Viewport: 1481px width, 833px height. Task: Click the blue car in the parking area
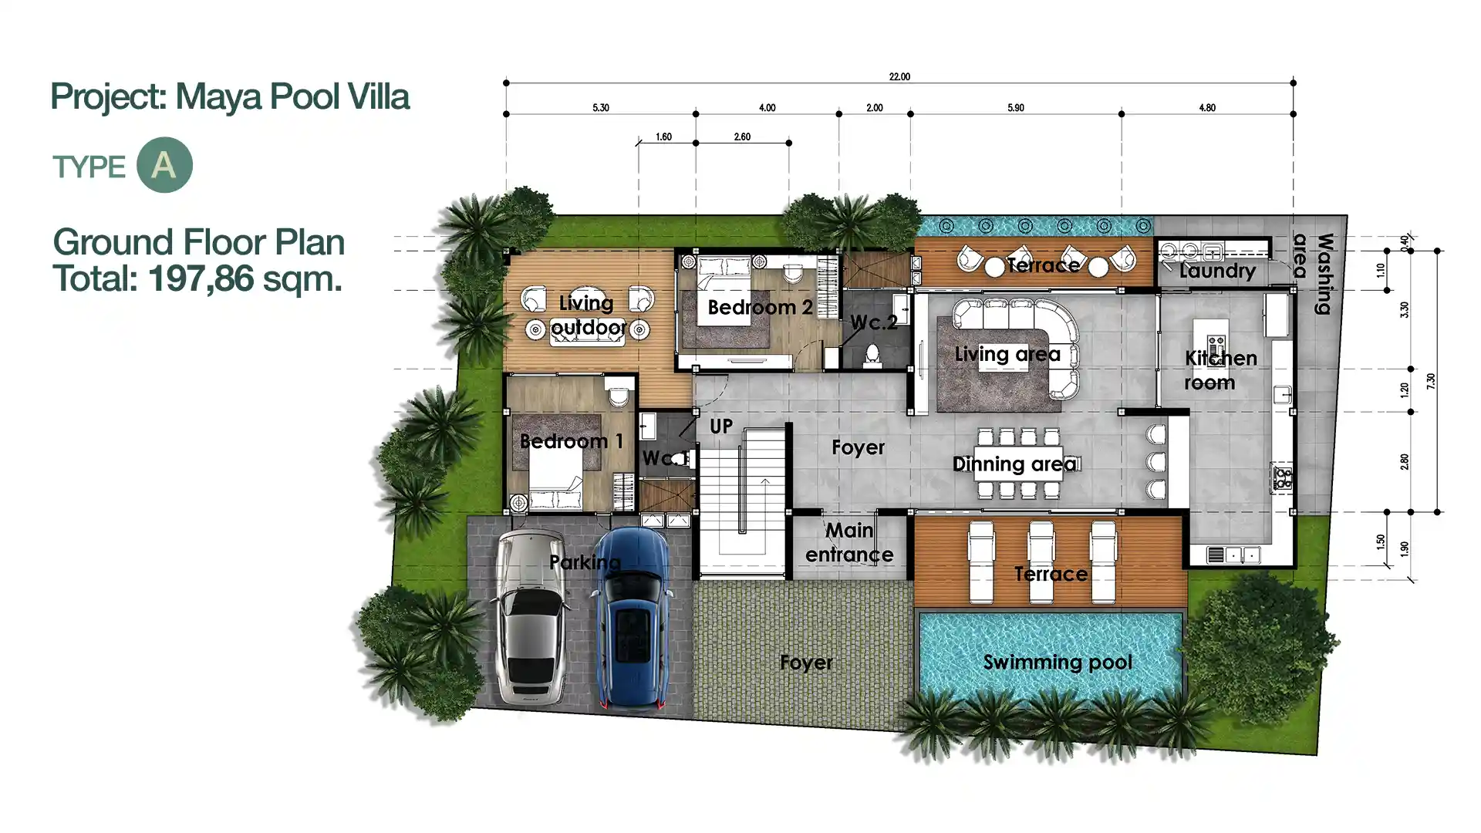(x=631, y=619)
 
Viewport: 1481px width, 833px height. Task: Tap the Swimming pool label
(x=1058, y=663)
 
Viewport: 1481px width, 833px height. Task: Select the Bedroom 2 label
(x=760, y=308)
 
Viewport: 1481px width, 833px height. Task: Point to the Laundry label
(x=1217, y=271)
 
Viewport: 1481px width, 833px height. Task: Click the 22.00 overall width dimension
(x=899, y=76)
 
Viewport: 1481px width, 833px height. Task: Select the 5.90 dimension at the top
(x=1016, y=108)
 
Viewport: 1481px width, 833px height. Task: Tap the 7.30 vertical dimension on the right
(x=1431, y=381)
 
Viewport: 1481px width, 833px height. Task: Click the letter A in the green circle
(x=164, y=165)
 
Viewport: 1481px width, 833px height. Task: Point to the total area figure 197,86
(x=201, y=278)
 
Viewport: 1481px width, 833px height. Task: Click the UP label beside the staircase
(x=720, y=427)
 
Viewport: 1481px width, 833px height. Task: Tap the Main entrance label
(x=849, y=542)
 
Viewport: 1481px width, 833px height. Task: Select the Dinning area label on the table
(x=1014, y=464)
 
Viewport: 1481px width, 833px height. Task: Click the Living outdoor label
(x=588, y=315)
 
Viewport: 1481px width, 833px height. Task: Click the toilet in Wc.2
(x=872, y=354)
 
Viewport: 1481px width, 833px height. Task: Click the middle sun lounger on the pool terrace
(x=1041, y=561)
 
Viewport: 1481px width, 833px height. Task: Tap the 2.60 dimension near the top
(x=742, y=137)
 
